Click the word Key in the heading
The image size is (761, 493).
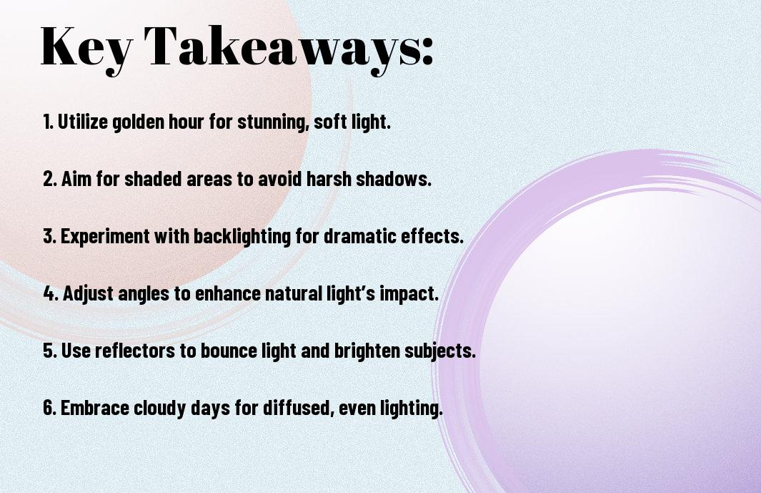(x=84, y=47)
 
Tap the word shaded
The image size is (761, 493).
(x=149, y=180)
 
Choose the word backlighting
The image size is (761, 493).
(x=244, y=237)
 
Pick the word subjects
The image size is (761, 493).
(x=442, y=351)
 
